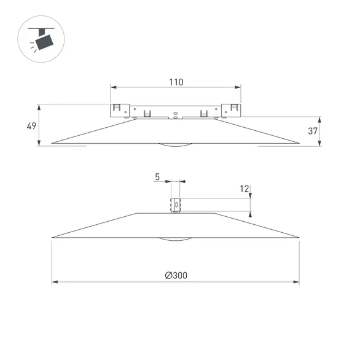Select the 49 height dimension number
[31, 126]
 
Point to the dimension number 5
[157, 177]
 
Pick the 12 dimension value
[245, 189]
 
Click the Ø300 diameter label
[176, 276]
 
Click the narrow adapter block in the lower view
[176, 205]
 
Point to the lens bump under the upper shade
[176, 146]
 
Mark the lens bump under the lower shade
[176, 238]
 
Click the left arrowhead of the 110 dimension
[113, 88]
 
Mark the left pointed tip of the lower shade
[53, 237]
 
